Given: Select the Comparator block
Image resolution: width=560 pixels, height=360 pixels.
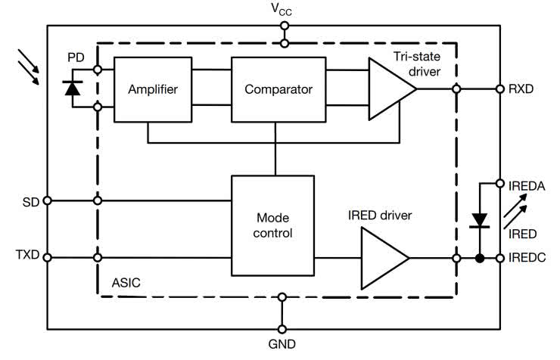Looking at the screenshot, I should tap(278, 89).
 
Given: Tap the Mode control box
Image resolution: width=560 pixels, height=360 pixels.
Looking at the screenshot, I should tap(273, 225).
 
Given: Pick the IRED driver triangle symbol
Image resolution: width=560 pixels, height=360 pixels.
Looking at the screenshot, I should tap(384, 258).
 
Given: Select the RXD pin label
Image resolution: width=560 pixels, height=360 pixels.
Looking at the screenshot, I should tap(521, 89).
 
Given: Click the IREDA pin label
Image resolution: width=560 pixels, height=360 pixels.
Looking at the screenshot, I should tap(526, 183).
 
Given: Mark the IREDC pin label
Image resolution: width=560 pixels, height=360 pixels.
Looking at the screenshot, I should tap(527, 258).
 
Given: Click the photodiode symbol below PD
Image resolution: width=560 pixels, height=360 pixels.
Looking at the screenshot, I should tap(73, 88).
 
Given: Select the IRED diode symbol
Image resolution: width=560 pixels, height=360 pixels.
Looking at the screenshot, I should tap(480, 221).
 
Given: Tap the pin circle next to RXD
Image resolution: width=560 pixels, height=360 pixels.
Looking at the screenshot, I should tap(500, 89).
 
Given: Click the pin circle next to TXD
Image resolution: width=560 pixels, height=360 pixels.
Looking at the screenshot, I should tap(47, 258).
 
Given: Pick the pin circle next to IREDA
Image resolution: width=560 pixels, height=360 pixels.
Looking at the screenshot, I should tap(500, 183).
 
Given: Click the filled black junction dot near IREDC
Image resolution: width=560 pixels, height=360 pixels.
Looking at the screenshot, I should tap(480, 258).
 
